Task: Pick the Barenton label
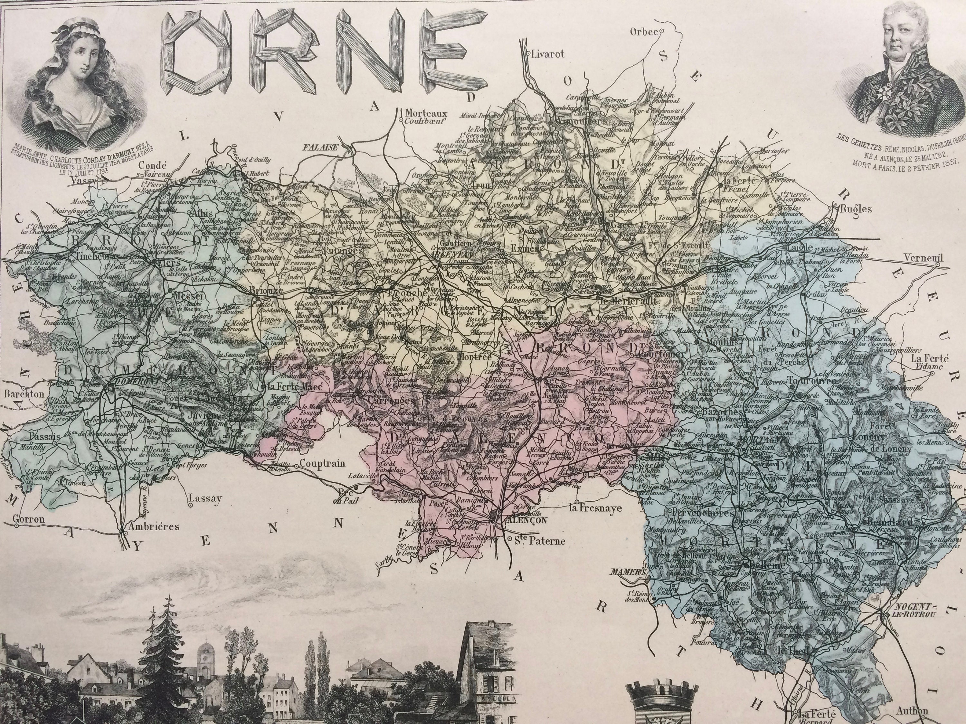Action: [x=24, y=394]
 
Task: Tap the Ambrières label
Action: [x=153, y=526]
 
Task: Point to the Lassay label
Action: [x=205, y=498]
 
